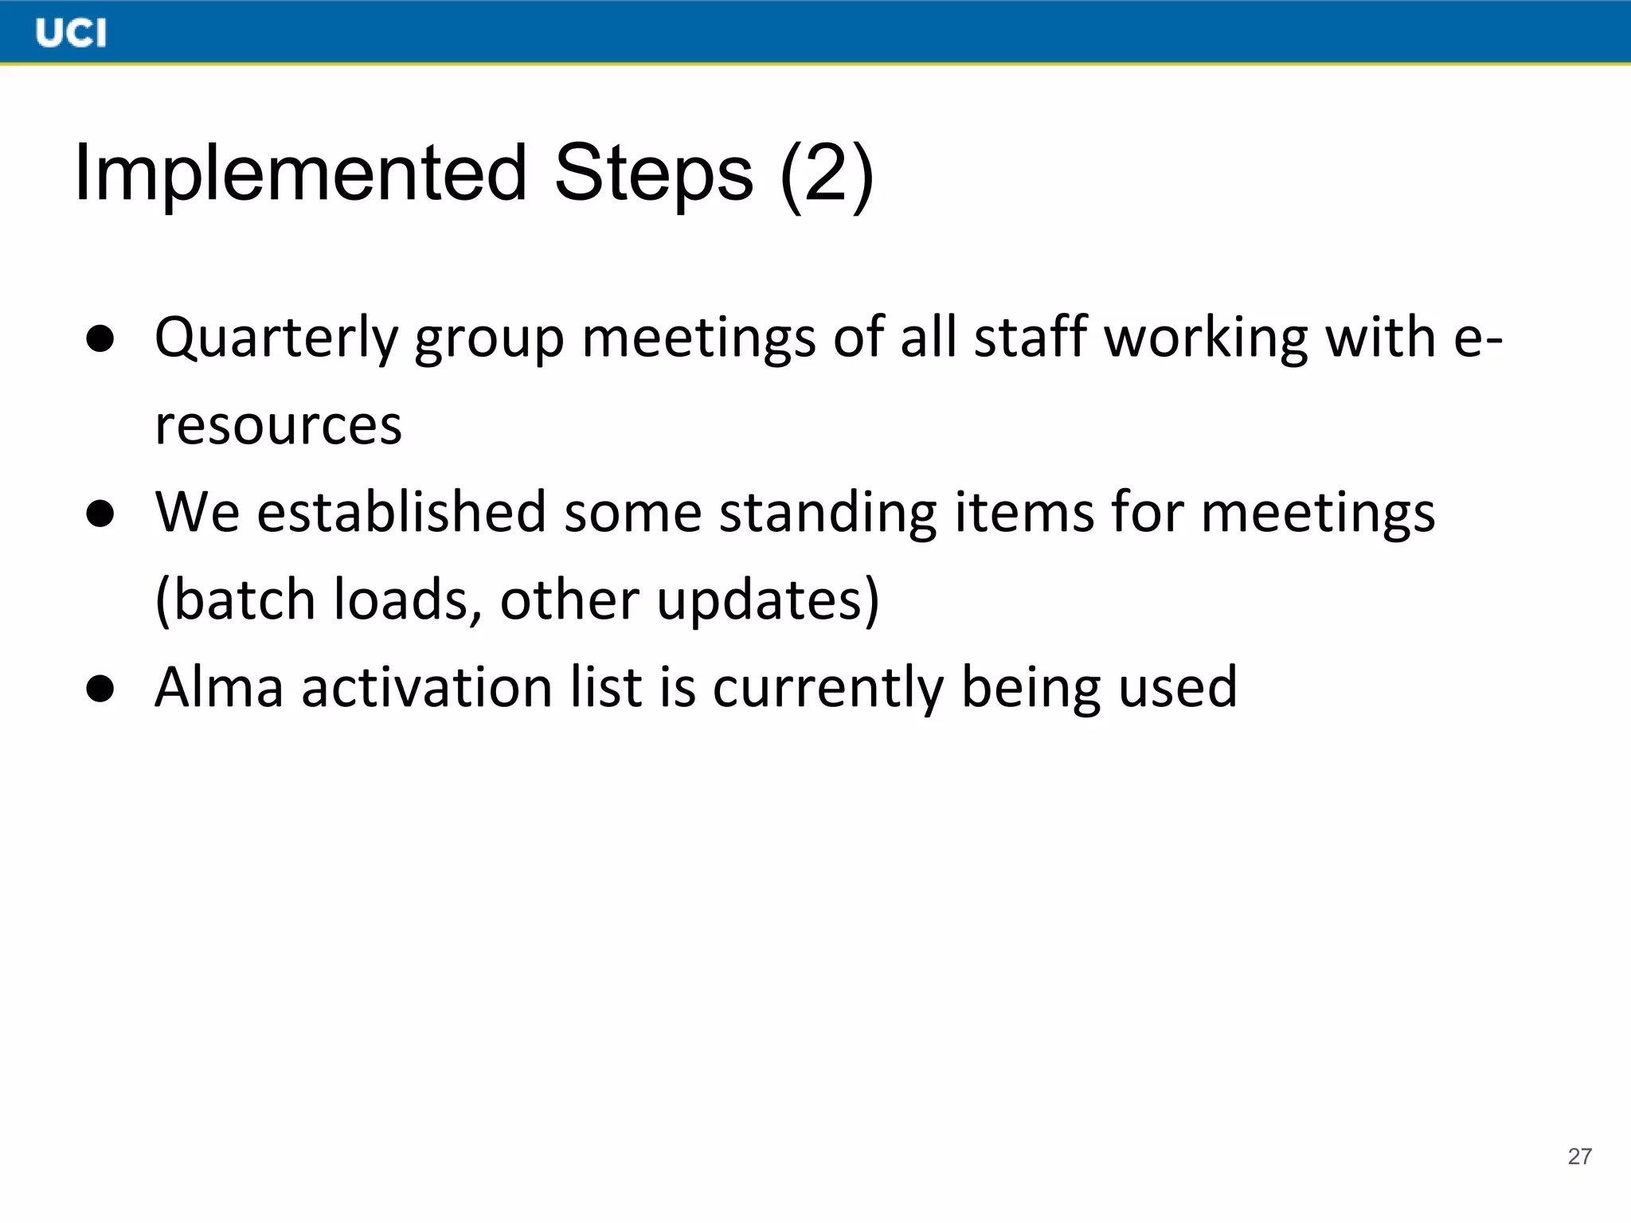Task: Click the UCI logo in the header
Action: pos(71,33)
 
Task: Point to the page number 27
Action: pos(1579,1156)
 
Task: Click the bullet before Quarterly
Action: pos(100,338)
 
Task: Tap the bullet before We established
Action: pos(100,514)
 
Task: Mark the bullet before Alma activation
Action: pos(100,688)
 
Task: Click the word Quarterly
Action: pos(276,338)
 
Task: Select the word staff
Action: pos(1031,337)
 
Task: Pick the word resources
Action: pos(278,426)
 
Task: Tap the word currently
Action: pos(827,688)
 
